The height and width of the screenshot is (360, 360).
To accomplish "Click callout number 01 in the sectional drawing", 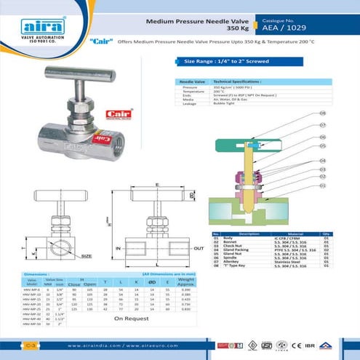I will [x=322, y=185].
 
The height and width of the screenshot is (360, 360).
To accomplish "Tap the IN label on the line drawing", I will [x=119, y=248].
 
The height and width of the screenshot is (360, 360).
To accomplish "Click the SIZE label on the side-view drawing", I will [x=86, y=256].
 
